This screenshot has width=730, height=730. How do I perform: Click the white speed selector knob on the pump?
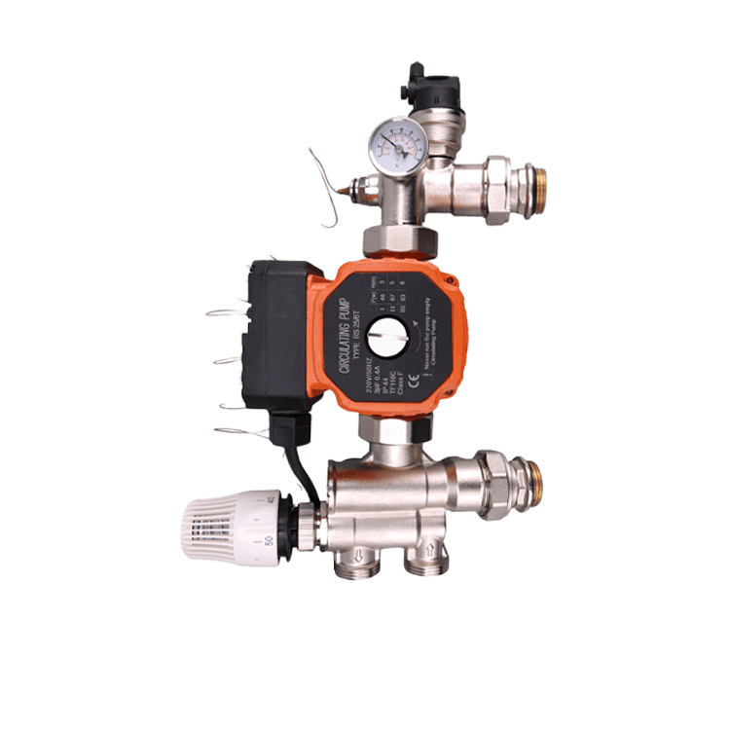tap(394, 339)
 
